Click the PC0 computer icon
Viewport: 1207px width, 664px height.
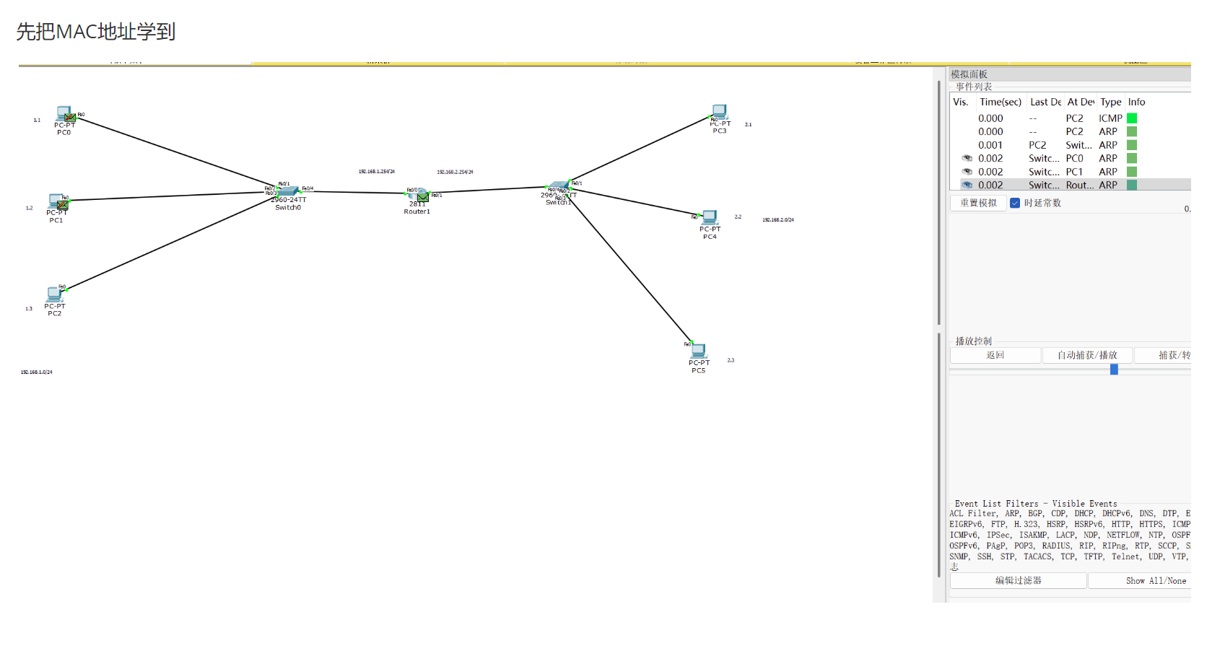pyautogui.click(x=64, y=114)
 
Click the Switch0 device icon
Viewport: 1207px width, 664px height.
pyautogui.click(x=288, y=191)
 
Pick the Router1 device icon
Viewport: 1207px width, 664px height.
pyautogui.click(x=417, y=195)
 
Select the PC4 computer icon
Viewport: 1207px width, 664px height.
pyautogui.click(x=710, y=217)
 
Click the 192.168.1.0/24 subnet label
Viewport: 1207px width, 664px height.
pyautogui.click(x=36, y=372)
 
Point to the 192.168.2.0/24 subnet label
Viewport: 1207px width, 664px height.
pyautogui.click(x=777, y=220)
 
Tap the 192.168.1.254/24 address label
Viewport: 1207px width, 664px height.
pyautogui.click(x=376, y=172)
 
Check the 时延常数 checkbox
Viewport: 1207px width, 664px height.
pyautogui.click(x=1015, y=203)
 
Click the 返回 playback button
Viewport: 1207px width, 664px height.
pyautogui.click(x=995, y=355)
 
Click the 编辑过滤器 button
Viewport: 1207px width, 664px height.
pyautogui.click(x=1018, y=581)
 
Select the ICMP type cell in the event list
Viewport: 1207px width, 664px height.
pyautogui.click(x=1110, y=118)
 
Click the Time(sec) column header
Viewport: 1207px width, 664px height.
pyautogui.click(x=1000, y=102)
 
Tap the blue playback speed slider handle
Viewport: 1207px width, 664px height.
pyautogui.click(x=1114, y=370)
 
